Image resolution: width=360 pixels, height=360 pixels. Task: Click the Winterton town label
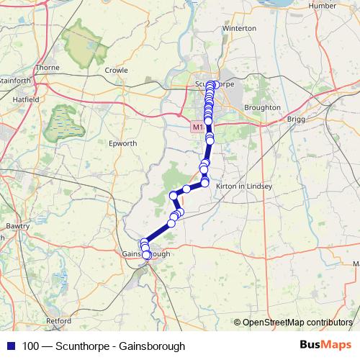pos(240,28)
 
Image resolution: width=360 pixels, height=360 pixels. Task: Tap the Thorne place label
pos(48,67)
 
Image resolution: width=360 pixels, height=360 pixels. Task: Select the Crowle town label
pos(116,71)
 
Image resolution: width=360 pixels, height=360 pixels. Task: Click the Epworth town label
pos(122,143)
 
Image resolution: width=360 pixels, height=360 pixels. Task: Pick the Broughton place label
pos(263,107)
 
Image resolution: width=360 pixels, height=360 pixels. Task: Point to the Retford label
pos(58,320)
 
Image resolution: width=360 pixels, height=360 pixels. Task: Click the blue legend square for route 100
pos(8,346)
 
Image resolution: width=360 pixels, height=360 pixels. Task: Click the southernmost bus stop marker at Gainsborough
pos(147,255)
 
